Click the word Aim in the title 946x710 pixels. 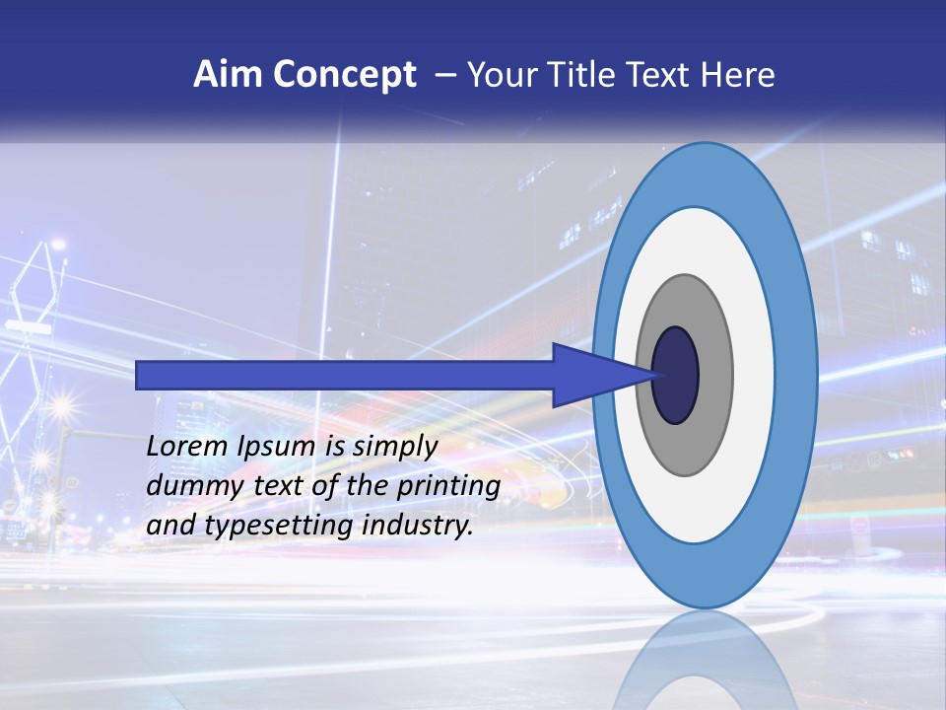pyautogui.click(x=226, y=74)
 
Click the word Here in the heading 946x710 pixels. pyautogui.click(x=739, y=74)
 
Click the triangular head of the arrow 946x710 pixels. pyautogui.click(x=591, y=375)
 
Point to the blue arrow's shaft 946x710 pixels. pyautogui.click(x=345, y=375)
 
